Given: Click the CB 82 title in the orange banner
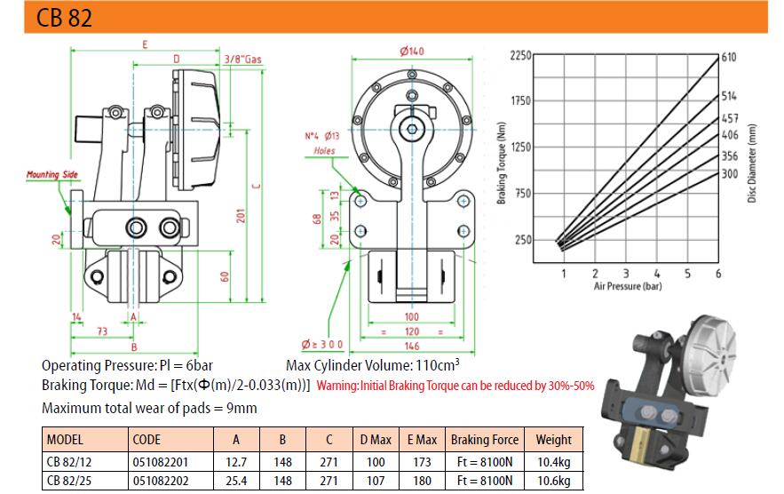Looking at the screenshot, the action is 65,18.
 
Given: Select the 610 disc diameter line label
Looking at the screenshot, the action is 728,57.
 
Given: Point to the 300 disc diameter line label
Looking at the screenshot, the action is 730,173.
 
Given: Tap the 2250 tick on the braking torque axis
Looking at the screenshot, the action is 521,55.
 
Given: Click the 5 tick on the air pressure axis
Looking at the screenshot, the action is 687,274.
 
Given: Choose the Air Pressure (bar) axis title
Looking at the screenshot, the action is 628,286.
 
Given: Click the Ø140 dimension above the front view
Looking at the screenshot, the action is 411,51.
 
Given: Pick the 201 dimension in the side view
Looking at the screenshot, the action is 241,215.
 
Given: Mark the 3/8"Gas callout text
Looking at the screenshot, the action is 242,59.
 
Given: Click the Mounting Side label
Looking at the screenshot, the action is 52,174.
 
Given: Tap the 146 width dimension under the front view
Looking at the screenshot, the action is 411,346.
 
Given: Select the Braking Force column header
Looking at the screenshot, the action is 485,440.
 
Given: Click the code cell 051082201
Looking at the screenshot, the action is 161,461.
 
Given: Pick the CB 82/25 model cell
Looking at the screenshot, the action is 69,481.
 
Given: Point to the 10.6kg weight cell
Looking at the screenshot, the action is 553,481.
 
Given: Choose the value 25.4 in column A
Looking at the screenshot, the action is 236,481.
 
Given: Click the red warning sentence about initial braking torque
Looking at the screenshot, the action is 455,386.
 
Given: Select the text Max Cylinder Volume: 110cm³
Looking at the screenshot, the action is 373,365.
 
